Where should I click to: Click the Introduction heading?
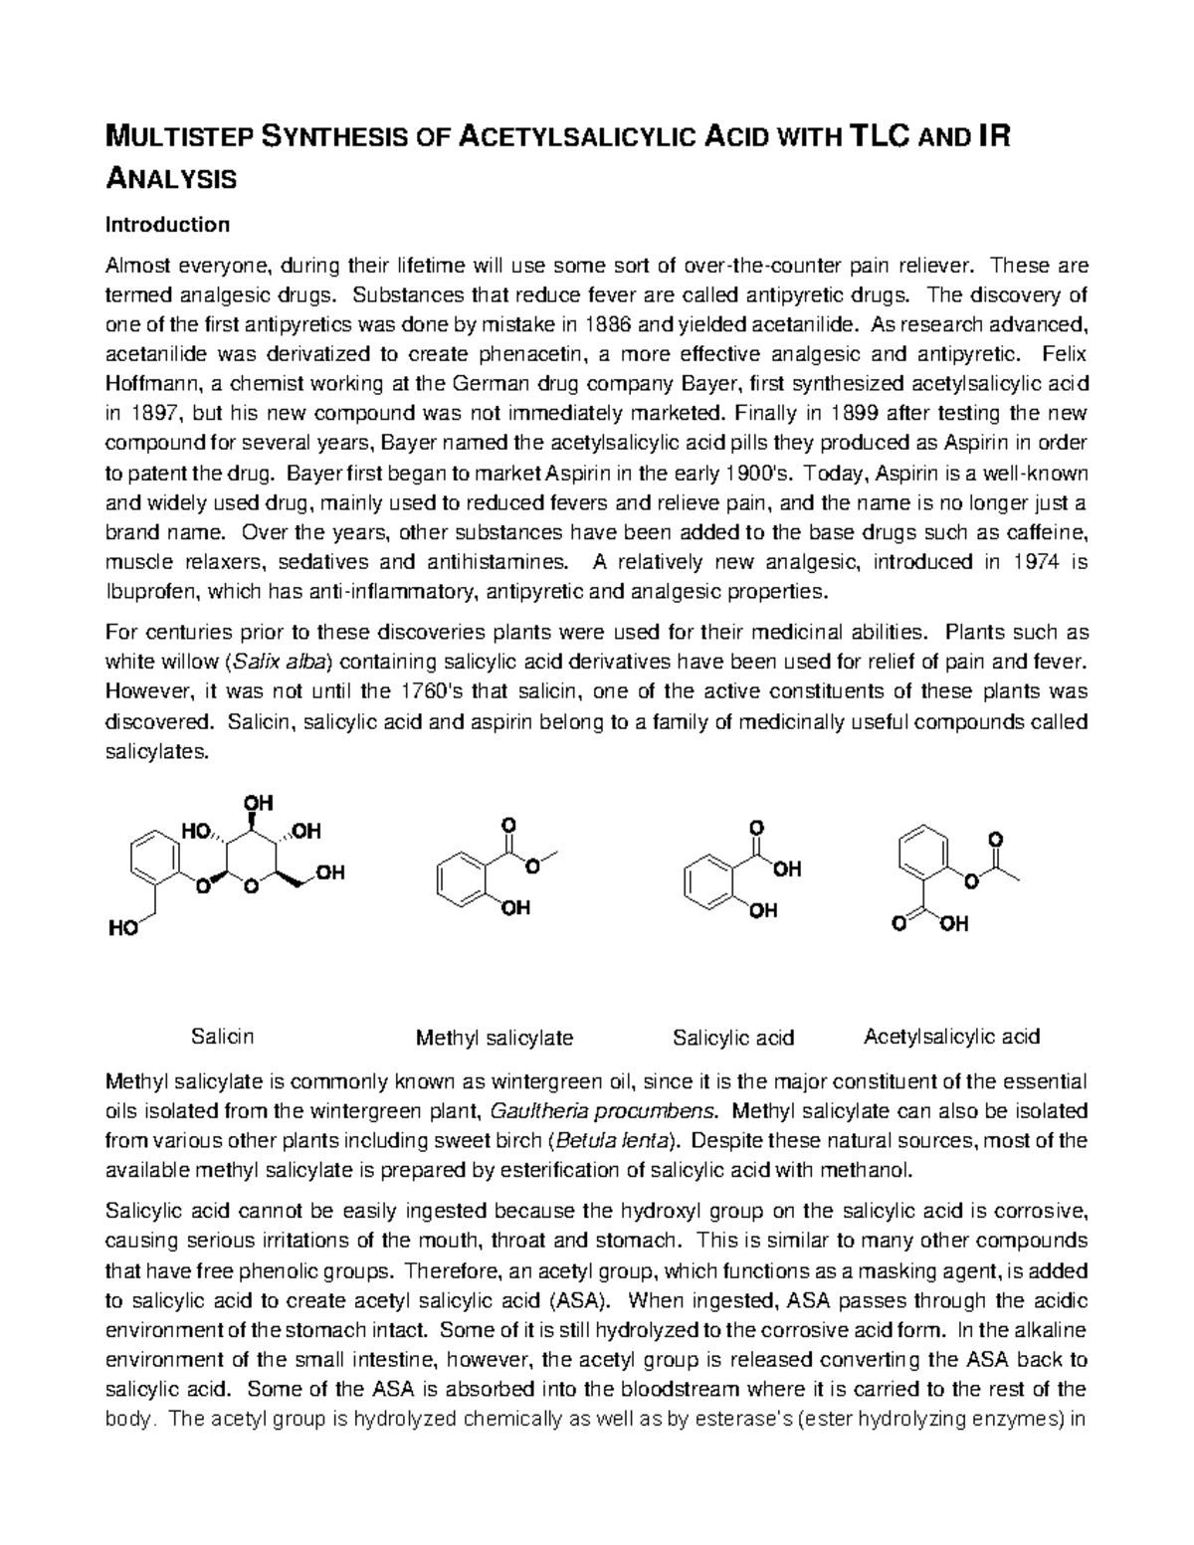[167, 225]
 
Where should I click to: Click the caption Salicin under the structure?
[222, 1036]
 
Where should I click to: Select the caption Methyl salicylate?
[494, 1038]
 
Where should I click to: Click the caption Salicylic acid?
[733, 1038]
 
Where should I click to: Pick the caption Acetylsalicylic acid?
[951, 1036]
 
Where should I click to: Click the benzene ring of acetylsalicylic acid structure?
[923, 852]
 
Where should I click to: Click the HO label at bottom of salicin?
[122, 929]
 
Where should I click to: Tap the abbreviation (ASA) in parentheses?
[583, 1300]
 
